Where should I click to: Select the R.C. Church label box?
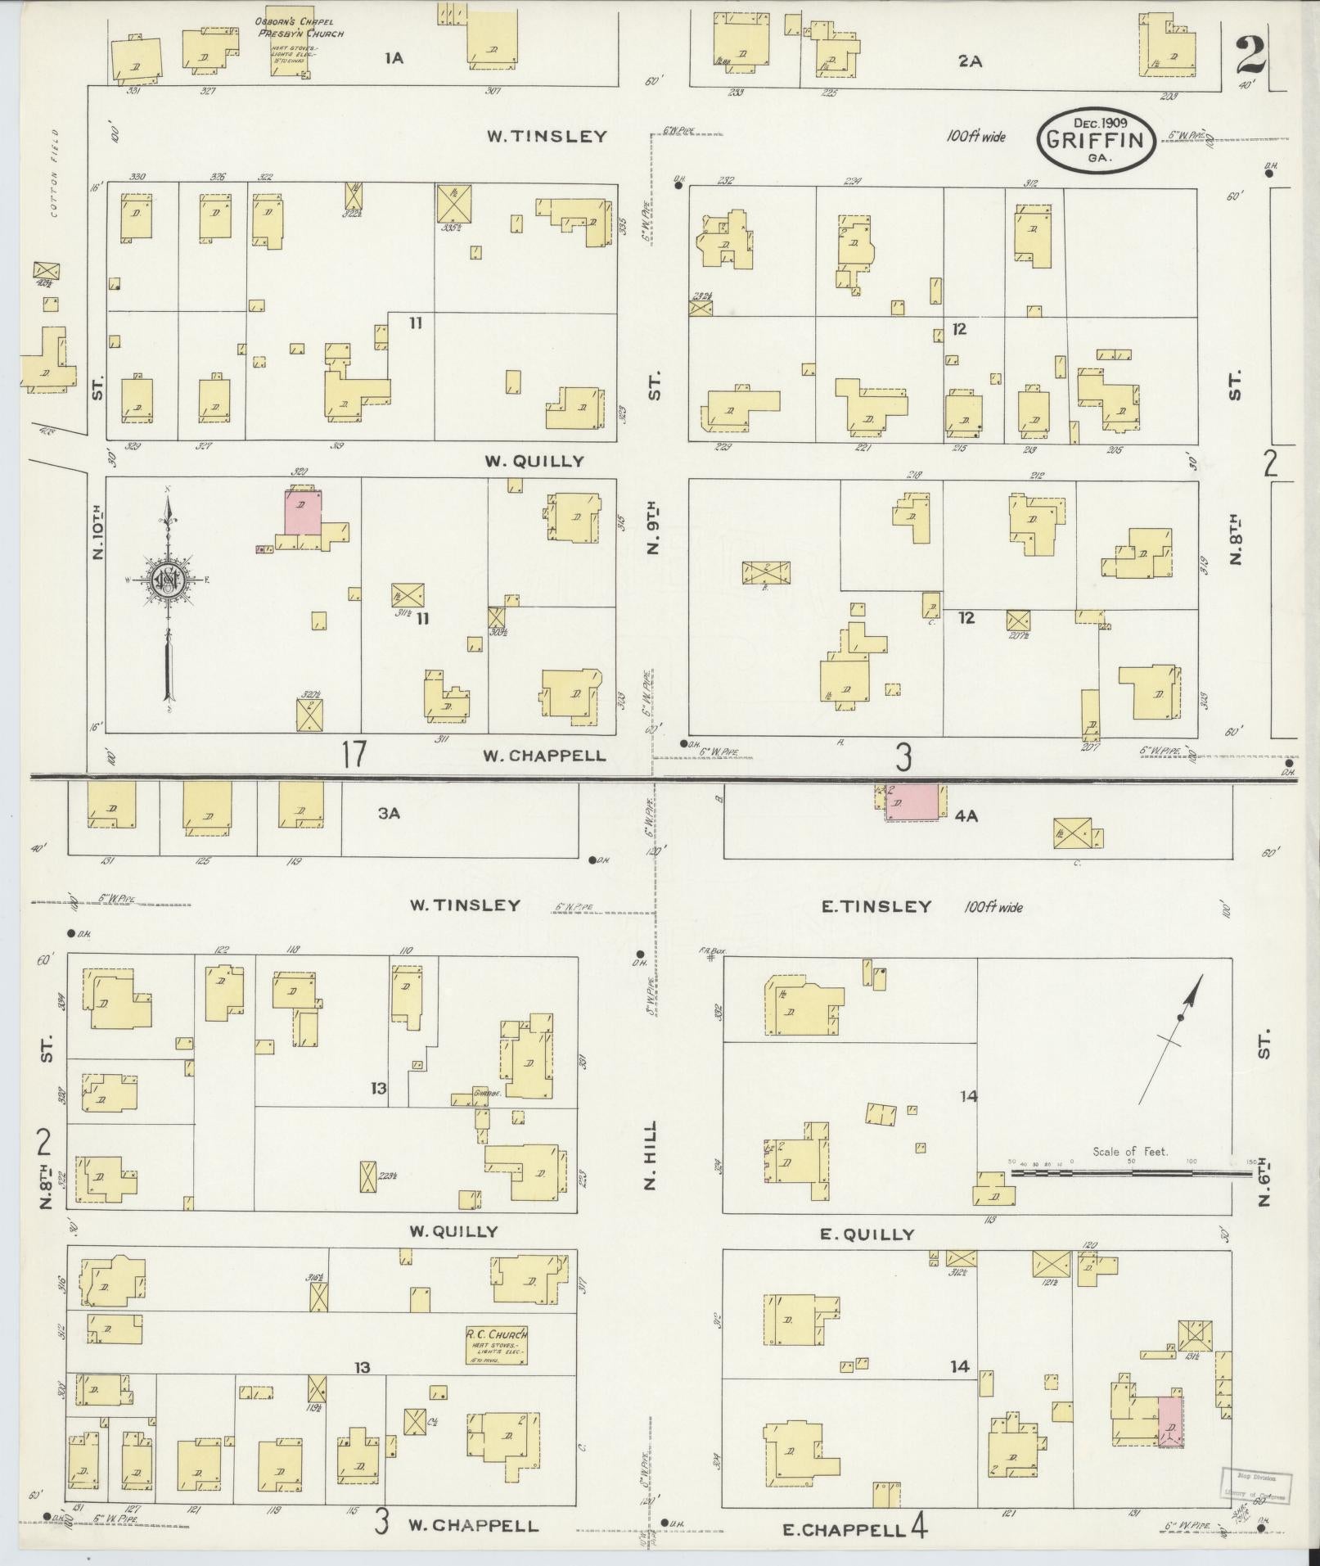point(495,1347)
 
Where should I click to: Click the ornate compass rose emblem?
point(168,581)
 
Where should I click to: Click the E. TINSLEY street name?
point(876,906)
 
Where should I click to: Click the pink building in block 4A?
point(913,801)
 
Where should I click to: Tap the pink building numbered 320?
point(303,512)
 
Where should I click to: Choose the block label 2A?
point(970,59)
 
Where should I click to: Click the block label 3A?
point(389,814)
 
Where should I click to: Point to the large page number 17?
point(354,754)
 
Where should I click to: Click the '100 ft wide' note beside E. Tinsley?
point(993,906)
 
